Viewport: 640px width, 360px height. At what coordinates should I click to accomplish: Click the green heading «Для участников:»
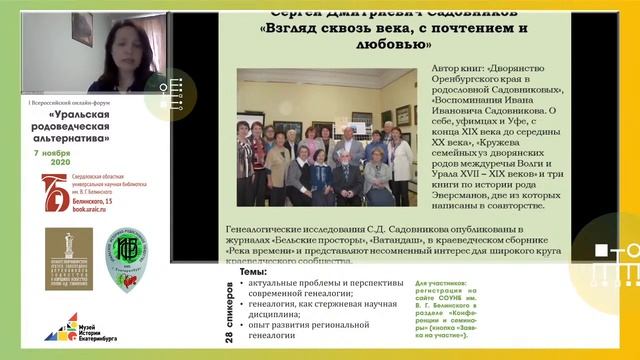[x=416, y=284]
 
